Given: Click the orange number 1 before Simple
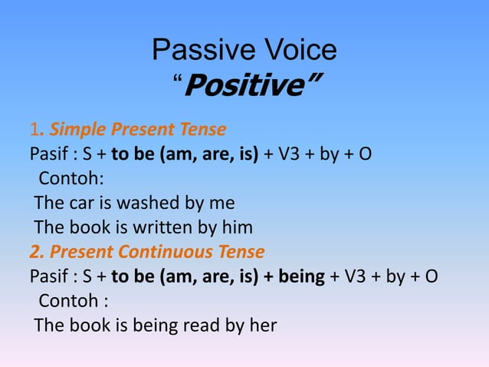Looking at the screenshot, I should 33,128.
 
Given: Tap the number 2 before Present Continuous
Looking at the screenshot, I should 34,251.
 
